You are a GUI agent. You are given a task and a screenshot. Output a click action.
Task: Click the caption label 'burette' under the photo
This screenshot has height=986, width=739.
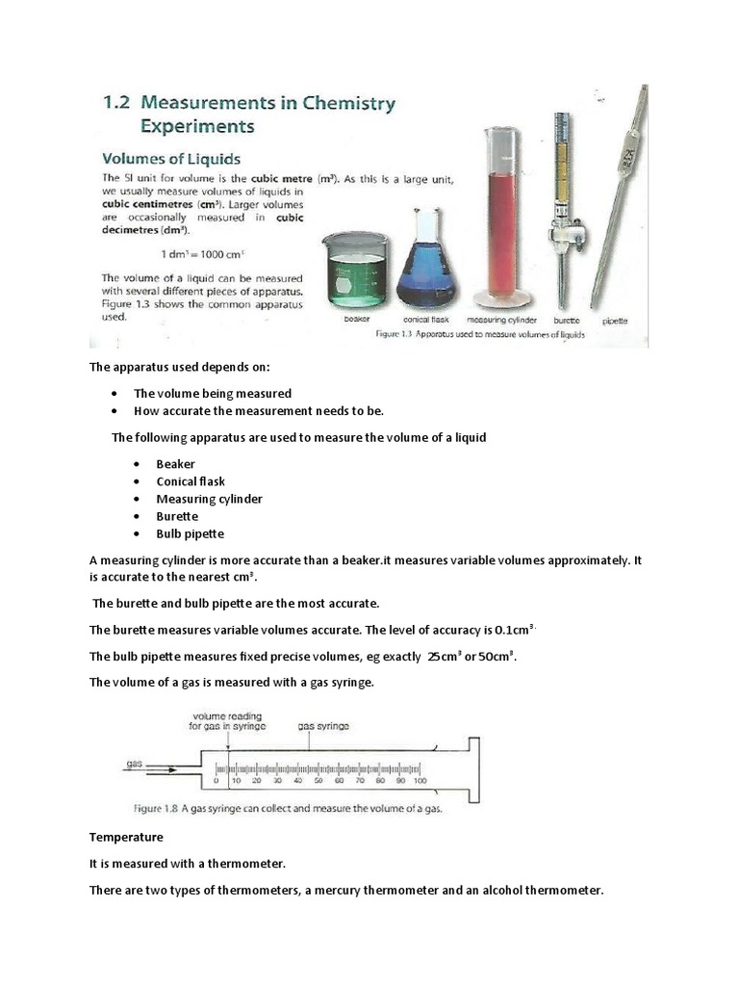[566, 320]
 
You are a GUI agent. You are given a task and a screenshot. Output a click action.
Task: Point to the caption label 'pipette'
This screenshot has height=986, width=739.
[615, 320]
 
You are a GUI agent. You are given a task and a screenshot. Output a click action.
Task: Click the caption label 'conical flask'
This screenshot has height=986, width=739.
[426, 320]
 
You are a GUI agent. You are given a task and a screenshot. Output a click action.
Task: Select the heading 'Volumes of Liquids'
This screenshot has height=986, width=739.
[171, 158]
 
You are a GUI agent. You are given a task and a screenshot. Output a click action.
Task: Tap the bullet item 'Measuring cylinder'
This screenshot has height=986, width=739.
[209, 499]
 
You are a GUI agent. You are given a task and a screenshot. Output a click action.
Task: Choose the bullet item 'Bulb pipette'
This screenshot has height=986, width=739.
[191, 533]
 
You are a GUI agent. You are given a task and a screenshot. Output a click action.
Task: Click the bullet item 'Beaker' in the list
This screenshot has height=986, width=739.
[175, 464]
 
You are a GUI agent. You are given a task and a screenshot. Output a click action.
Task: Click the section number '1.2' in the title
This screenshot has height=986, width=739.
[119, 103]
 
